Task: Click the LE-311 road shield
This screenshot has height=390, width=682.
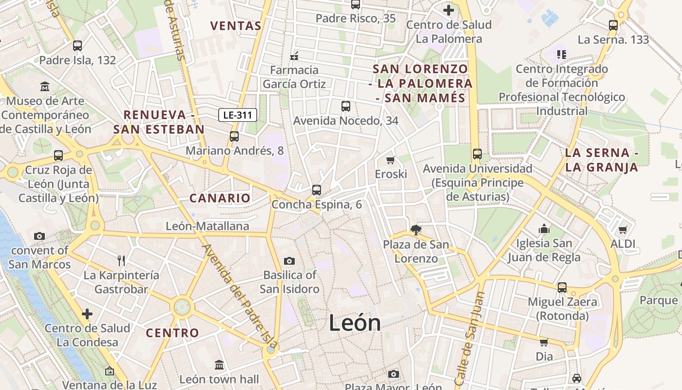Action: coord(237,116)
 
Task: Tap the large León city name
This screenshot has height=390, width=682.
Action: coord(355,323)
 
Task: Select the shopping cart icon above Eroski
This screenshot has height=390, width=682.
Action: coord(390,160)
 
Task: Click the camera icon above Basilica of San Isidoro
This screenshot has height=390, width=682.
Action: coord(289,261)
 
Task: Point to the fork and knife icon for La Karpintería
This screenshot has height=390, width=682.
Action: coord(121,261)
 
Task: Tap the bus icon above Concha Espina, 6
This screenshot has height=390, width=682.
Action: coord(317,190)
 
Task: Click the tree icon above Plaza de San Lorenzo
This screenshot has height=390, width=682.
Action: coord(416,230)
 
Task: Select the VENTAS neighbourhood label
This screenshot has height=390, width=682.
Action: coord(236,26)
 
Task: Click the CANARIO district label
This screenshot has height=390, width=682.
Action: coord(220,198)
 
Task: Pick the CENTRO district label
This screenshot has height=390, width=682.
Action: coord(172,333)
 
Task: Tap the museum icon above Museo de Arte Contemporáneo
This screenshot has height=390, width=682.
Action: coord(45,87)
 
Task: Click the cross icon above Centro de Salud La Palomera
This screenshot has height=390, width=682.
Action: coord(449,10)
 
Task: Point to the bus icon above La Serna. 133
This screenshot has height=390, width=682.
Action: coord(613,25)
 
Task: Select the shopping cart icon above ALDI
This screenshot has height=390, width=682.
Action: coord(623,230)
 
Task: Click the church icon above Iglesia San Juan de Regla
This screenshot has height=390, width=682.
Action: coord(544,229)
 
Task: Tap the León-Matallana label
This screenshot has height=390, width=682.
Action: coord(208,226)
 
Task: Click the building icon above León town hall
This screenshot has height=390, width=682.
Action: coord(219,365)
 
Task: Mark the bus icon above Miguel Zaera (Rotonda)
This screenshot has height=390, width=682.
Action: coord(562,288)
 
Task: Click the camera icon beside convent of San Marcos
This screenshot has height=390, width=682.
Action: coord(39,236)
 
